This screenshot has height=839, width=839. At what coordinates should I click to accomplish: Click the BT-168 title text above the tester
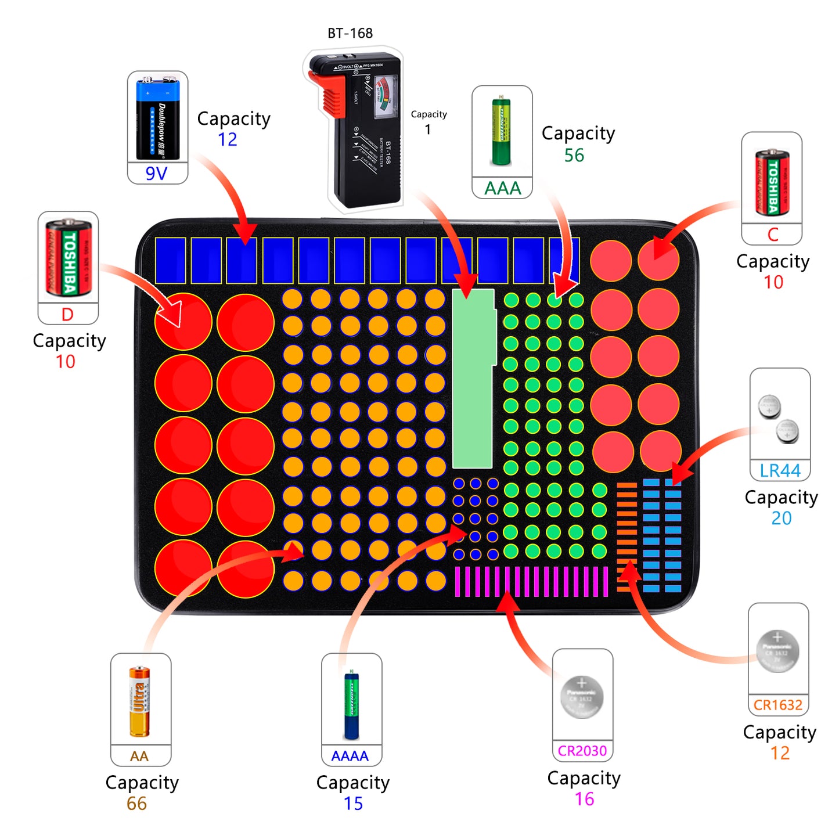tap(350, 33)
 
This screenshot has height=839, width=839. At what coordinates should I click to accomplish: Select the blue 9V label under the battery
tap(156, 174)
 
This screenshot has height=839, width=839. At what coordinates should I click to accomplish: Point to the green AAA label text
tap(503, 188)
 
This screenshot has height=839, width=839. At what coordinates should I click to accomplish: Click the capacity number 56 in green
tap(574, 155)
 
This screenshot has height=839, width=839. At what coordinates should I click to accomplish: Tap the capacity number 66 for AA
tap(136, 804)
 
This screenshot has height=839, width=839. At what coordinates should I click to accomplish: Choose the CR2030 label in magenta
tap(582, 751)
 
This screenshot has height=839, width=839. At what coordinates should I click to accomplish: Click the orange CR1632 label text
tap(778, 705)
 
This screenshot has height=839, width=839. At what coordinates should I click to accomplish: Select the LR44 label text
tap(780, 470)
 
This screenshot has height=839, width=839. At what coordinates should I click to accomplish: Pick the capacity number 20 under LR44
tap(781, 517)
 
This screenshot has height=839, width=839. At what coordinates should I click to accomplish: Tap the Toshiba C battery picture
tap(772, 182)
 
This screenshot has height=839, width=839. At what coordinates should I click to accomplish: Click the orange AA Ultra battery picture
tap(139, 701)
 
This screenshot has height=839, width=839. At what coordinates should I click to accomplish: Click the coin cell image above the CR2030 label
tap(582, 697)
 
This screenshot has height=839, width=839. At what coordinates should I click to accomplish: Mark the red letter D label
tap(67, 315)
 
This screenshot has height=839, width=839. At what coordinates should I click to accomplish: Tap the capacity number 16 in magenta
tap(584, 799)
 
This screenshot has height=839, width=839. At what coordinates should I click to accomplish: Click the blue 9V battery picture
tap(157, 119)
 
